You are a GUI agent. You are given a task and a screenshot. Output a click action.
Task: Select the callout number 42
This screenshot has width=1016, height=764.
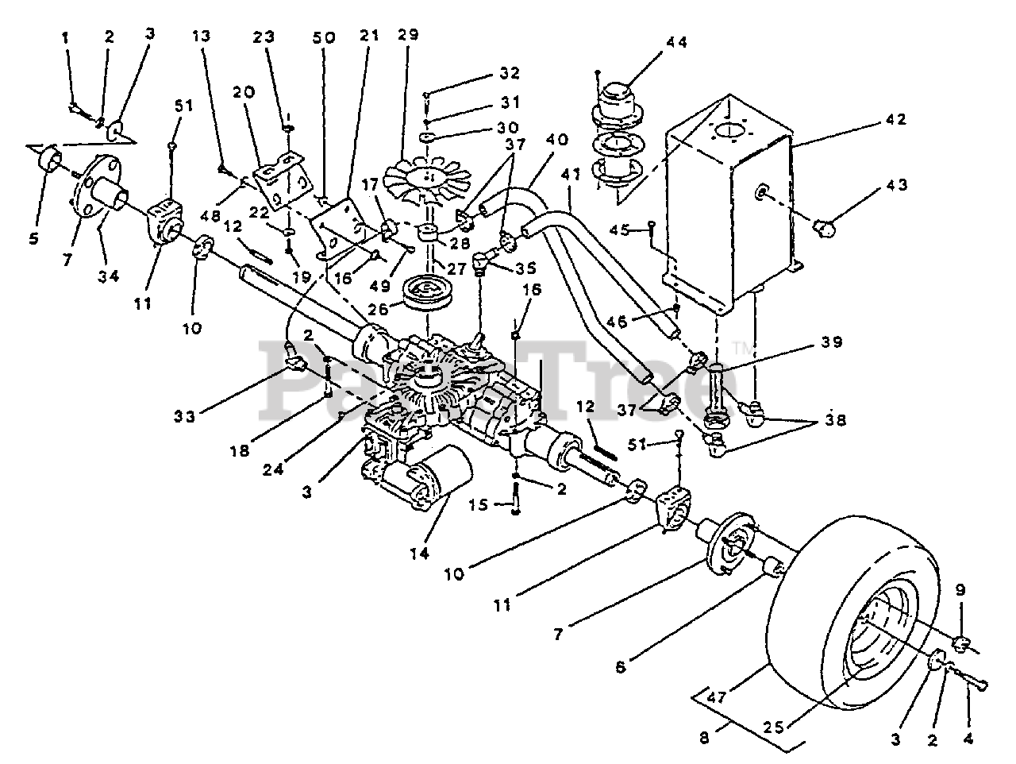pyautogui.click(x=896, y=120)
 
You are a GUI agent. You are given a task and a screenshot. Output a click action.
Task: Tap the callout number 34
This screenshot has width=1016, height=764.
pyautogui.click(x=109, y=276)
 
